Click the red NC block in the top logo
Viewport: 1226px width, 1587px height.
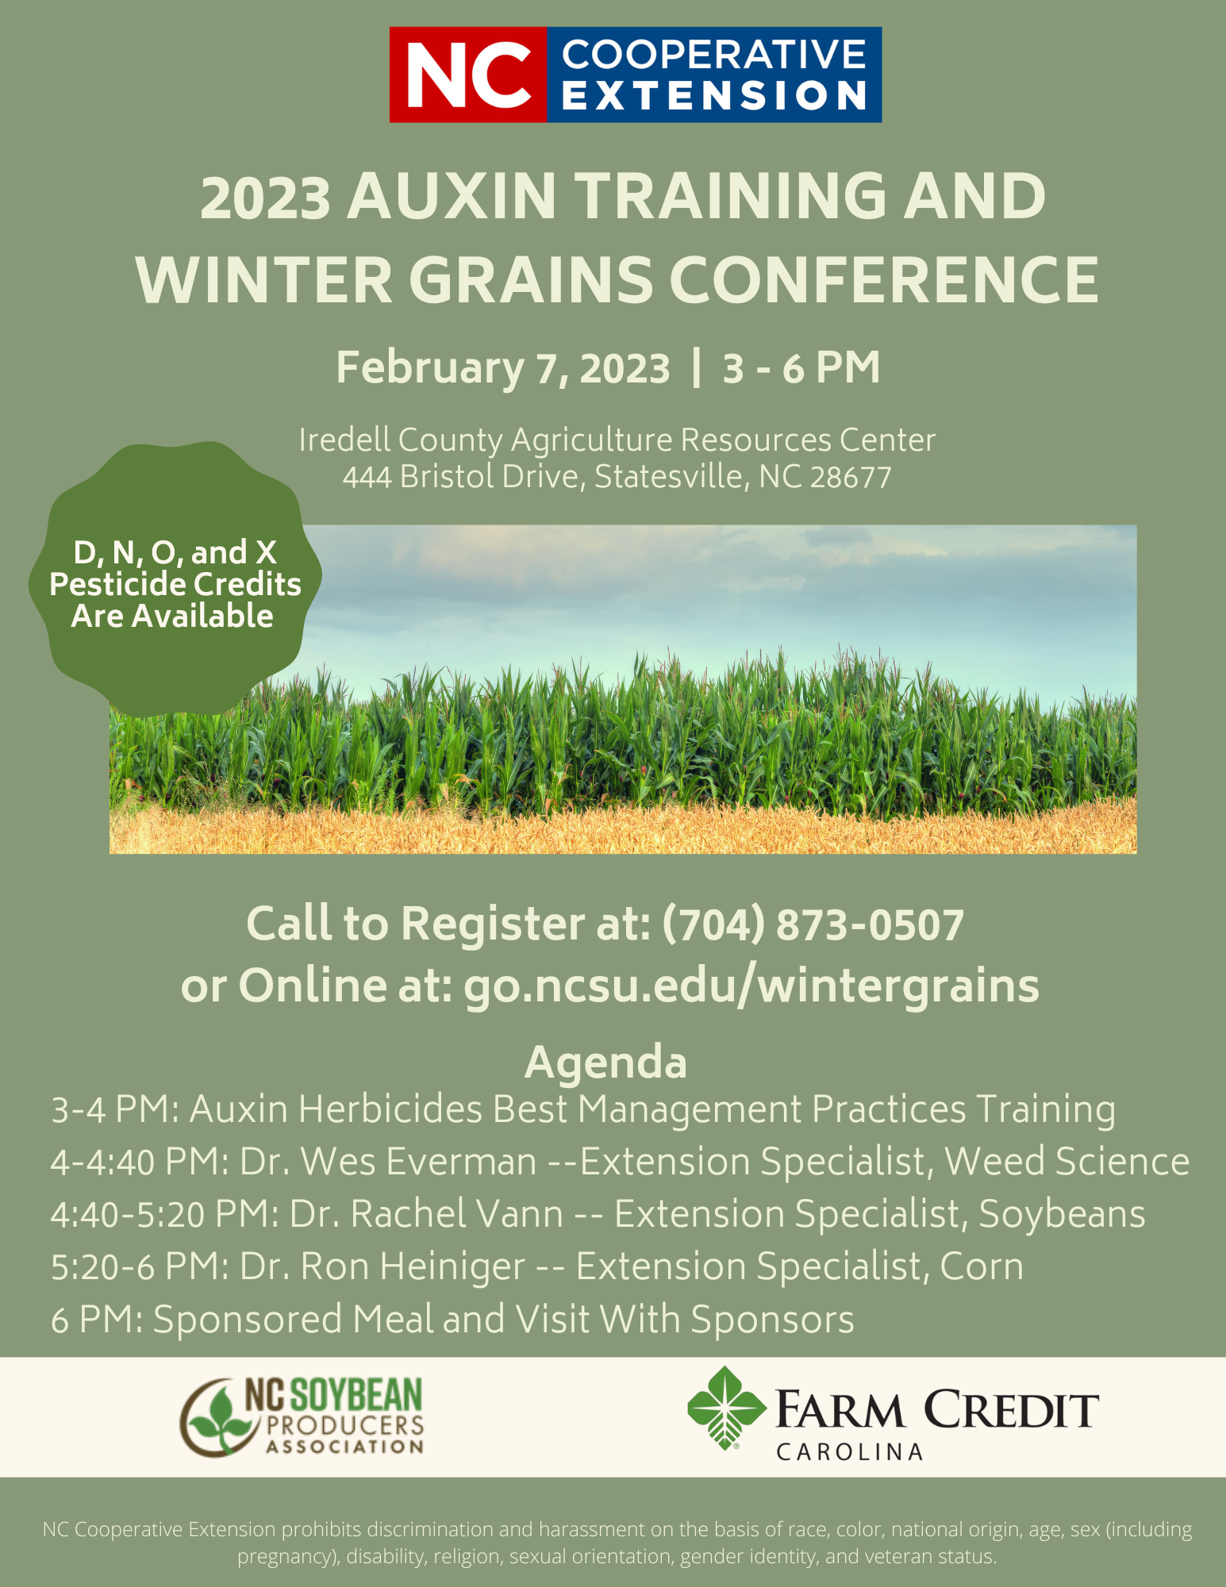click(468, 75)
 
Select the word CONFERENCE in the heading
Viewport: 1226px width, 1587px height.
click(885, 280)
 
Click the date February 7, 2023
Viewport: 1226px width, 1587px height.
click(503, 368)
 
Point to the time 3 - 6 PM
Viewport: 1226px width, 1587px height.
click(801, 368)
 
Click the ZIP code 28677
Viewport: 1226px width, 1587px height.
click(851, 477)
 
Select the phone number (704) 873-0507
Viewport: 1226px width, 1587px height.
click(813, 924)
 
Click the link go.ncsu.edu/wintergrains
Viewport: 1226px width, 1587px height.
click(751, 986)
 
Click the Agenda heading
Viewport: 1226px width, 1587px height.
click(605, 1062)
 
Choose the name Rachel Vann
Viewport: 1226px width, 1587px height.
click(457, 1214)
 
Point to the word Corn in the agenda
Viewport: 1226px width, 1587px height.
click(982, 1267)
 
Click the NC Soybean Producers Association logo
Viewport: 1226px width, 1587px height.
click(302, 1416)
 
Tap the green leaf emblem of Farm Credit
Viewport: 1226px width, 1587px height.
click(726, 1408)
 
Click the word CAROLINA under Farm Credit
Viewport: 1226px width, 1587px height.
click(849, 1452)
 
